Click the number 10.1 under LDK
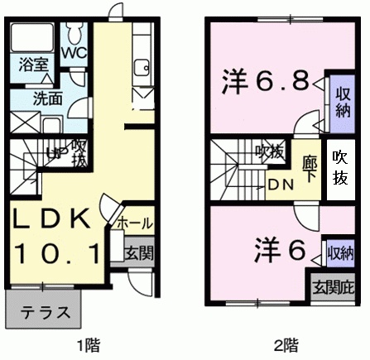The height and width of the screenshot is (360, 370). coord(55,249)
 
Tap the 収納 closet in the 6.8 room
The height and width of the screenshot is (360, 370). coord(339,98)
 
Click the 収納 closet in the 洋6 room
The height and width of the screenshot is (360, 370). coord(340,250)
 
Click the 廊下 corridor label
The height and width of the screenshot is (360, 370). coord(309,164)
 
